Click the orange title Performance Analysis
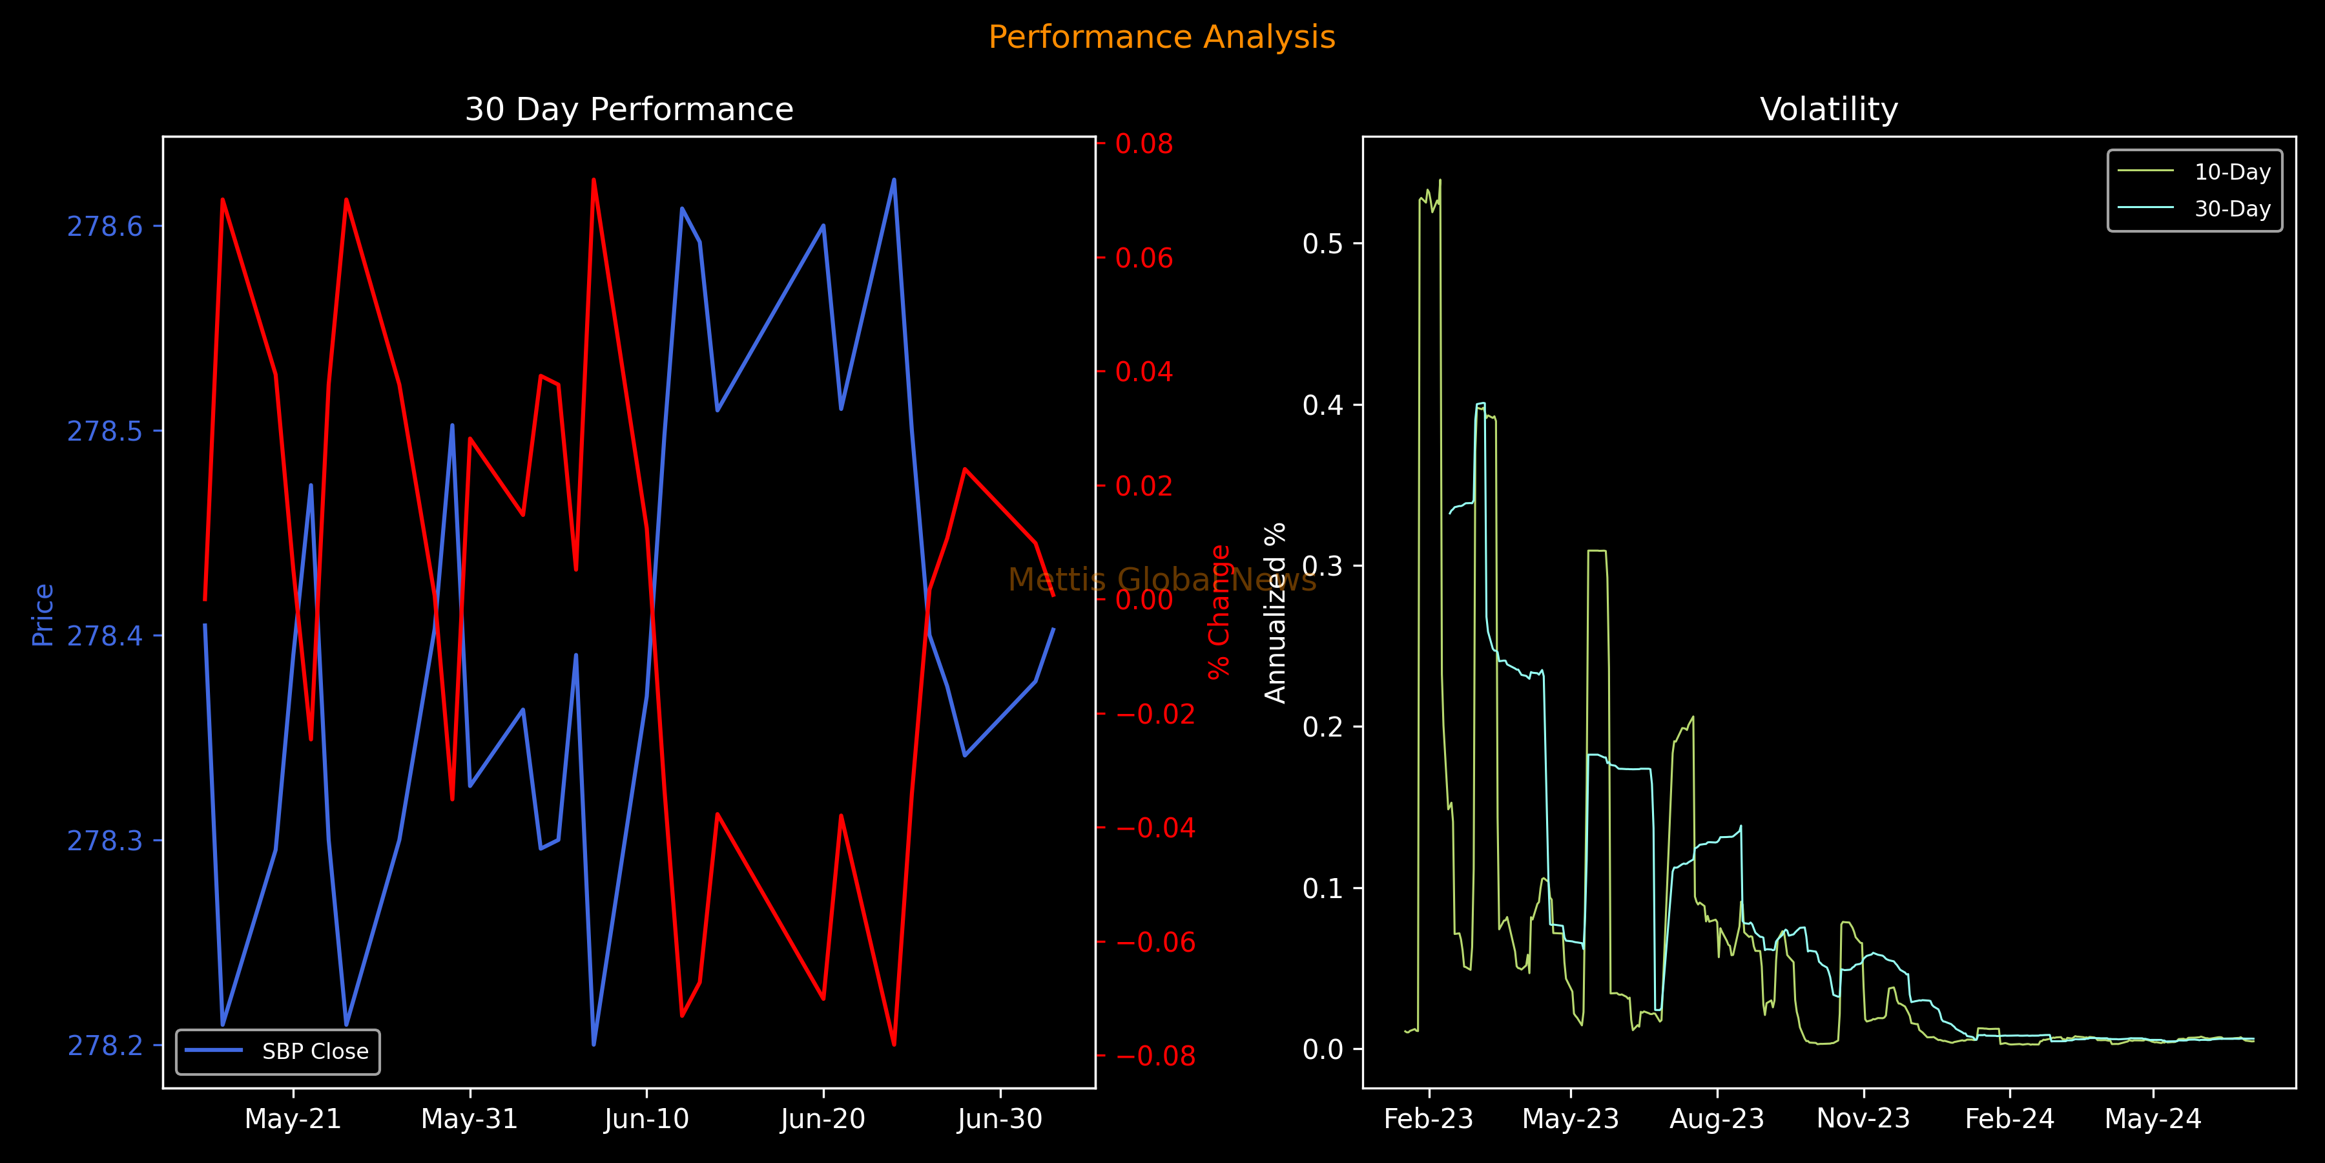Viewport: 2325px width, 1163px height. click(x=1162, y=37)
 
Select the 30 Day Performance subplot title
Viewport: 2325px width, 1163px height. click(x=629, y=109)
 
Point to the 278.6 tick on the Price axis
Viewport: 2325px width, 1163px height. click(x=106, y=225)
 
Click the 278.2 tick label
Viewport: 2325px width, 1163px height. click(x=106, y=1045)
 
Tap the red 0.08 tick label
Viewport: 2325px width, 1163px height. click(x=1144, y=143)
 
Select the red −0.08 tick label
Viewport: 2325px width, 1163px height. click(x=1155, y=1056)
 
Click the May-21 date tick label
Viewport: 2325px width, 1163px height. click(x=293, y=1119)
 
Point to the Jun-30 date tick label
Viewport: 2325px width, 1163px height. click(x=999, y=1119)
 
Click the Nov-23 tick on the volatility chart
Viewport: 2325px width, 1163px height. click(x=1863, y=1119)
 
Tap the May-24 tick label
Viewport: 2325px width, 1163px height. click(x=2153, y=1119)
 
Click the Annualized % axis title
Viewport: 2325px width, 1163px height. click(x=1274, y=613)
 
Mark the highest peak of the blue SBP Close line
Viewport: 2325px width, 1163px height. click(x=894, y=179)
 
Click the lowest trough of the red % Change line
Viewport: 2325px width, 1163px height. click(x=894, y=1045)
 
